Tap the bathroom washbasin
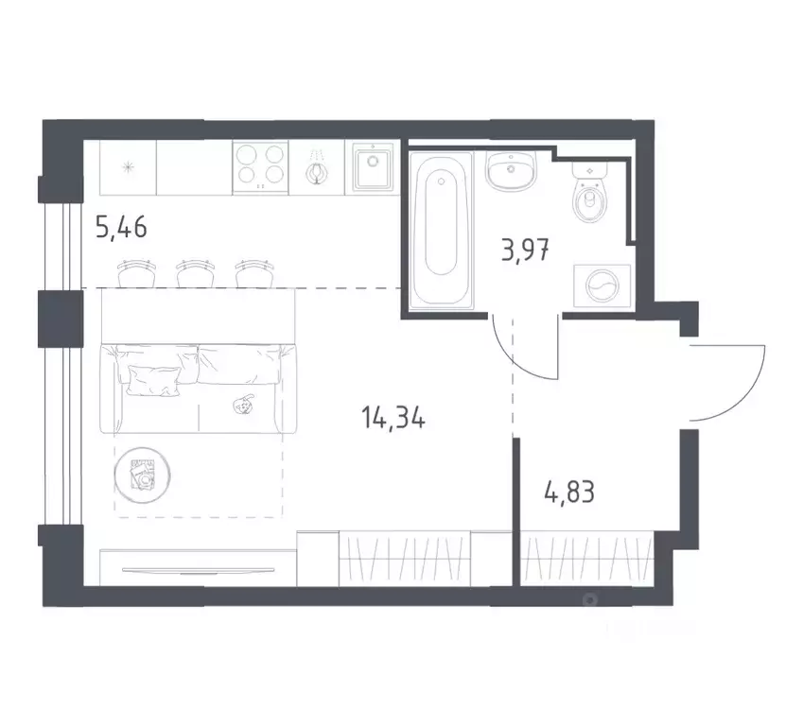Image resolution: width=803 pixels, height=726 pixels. [512, 173]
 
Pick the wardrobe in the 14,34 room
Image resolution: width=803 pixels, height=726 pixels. [405, 558]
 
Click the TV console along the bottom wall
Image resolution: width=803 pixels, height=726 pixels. [199, 570]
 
